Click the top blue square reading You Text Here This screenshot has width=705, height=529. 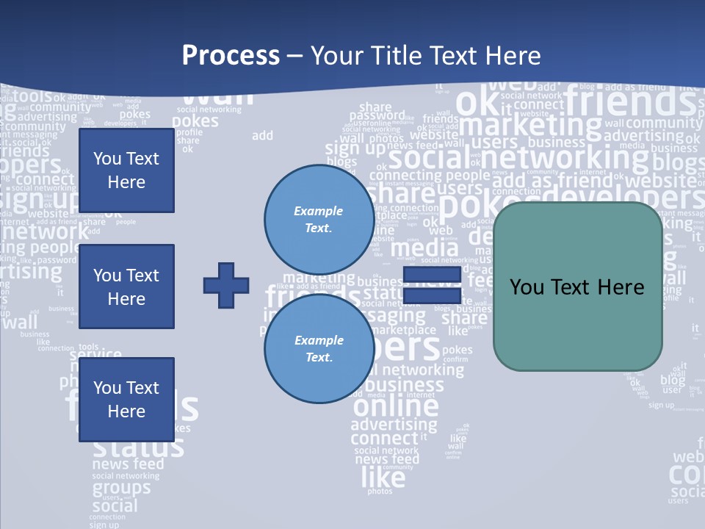pos(126,170)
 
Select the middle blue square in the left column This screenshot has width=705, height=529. pos(126,287)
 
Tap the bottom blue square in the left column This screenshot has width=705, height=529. pos(126,399)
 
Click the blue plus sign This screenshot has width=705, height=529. pos(226,284)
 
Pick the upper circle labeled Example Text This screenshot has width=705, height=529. pos(319,219)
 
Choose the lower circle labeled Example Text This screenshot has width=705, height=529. pos(319,348)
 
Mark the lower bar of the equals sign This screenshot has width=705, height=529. pos(431,295)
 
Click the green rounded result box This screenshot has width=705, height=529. pos(577,287)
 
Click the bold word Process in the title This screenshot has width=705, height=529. pos(231,55)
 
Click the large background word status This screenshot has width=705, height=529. pos(138,447)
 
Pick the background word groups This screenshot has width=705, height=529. pos(121,488)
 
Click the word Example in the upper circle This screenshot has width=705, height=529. pos(319,211)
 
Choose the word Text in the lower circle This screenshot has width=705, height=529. pos(319,357)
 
